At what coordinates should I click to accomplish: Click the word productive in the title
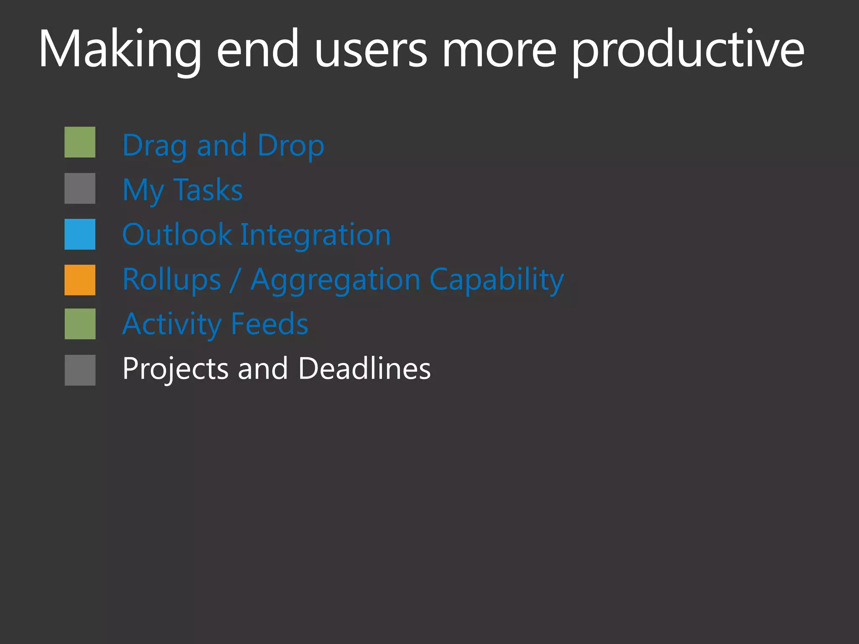point(688,49)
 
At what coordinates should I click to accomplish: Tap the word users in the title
point(371,49)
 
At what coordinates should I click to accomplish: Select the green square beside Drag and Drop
point(80,142)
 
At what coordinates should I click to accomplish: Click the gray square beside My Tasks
point(80,188)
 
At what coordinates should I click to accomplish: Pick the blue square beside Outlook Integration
point(80,234)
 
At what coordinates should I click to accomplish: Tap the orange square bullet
point(80,280)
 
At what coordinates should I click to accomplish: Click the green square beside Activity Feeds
point(80,324)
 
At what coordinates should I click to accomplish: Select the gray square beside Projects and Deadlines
point(80,370)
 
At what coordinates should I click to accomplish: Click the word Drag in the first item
point(154,146)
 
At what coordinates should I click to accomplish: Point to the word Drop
point(291,146)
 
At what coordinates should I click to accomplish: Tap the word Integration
point(315,234)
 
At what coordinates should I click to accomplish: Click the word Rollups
point(172,280)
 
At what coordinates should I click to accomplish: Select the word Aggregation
point(335,280)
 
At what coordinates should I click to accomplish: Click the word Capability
point(497,280)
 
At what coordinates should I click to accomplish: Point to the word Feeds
point(269,324)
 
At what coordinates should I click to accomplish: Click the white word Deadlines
point(364,369)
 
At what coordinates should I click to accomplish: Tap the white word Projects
point(175,369)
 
